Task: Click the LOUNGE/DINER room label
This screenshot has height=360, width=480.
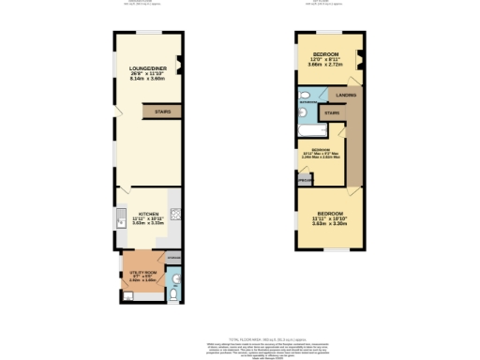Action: [x=147, y=67]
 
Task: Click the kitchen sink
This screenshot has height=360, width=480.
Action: [x=120, y=221]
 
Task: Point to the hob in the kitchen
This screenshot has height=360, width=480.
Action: [x=175, y=214]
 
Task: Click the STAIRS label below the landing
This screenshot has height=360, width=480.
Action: [x=331, y=113]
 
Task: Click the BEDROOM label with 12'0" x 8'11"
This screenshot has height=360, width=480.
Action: [x=325, y=54]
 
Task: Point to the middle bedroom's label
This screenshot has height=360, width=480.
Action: [x=321, y=151]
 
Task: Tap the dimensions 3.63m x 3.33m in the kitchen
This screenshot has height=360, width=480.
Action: [x=148, y=223]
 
